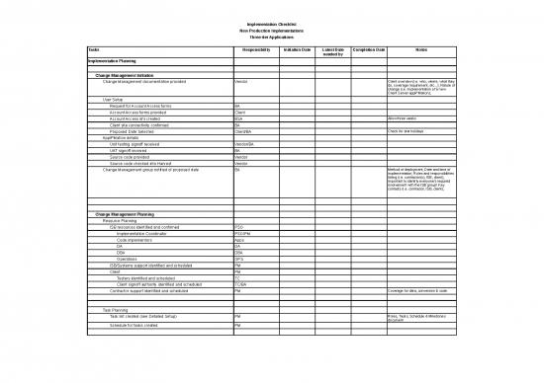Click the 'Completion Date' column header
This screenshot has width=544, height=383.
pyautogui.click(x=365, y=49)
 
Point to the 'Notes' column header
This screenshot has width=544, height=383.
pyautogui.click(x=420, y=49)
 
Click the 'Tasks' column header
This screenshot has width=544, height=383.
pyautogui.click(x=68, y=49)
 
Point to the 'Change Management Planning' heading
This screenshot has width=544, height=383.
pyautogui.click(x=126, y=214)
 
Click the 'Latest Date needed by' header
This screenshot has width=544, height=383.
pyautogui.click(x=333, y=50)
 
